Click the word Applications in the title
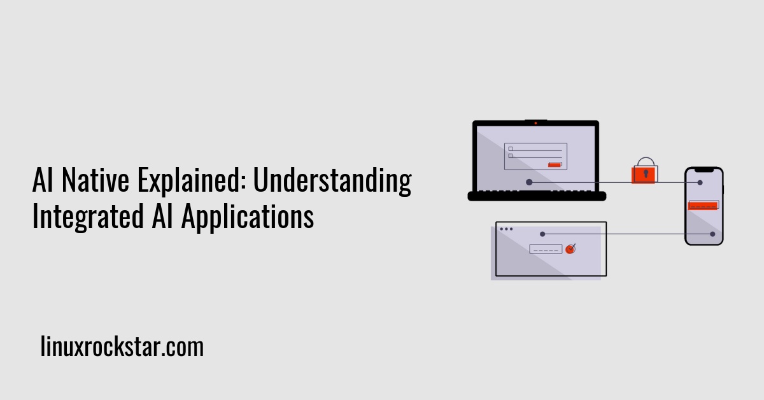(x=248, y=217)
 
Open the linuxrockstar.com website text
(x=122, y=348)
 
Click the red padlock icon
(x=644, y=173)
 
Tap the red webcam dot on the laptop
(x=535, y=123)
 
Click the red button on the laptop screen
(x=555, y=164)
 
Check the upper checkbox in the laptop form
(x=511, y=149)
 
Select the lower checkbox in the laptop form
(x=511, y=156)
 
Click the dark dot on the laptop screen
(x=529, y=182)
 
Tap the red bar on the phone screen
(x=704, y=206)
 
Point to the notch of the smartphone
(x=704, y=170)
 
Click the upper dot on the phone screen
(x=700, y=183)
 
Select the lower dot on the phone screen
(x=712, y=234)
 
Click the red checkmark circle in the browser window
(x=570, y=249)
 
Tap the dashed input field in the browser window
(x=546, y=249)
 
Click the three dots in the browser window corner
(x=506, y=229)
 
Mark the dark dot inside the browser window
(x=542, y=234)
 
